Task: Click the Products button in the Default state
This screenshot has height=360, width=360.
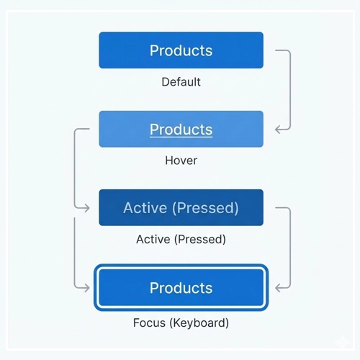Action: coord(181,50)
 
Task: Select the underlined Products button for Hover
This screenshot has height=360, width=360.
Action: coord(181,129)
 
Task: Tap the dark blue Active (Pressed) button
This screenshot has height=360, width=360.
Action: coord(181,208)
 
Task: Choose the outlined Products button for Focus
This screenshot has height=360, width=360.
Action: coord(181,288)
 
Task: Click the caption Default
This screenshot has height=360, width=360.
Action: coord(181,81)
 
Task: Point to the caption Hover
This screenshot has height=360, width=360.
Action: coord(181,160)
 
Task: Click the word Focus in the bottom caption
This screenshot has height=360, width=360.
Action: coord(149,322)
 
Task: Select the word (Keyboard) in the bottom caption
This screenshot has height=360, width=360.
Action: coord(197,322)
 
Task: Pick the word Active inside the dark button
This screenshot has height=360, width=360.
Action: coord(145,208)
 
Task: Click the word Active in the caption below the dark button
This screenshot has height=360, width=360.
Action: coord(152,239)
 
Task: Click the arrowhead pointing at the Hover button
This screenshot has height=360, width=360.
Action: coord(277,130)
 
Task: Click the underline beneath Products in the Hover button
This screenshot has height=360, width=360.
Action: coord(181,137)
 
